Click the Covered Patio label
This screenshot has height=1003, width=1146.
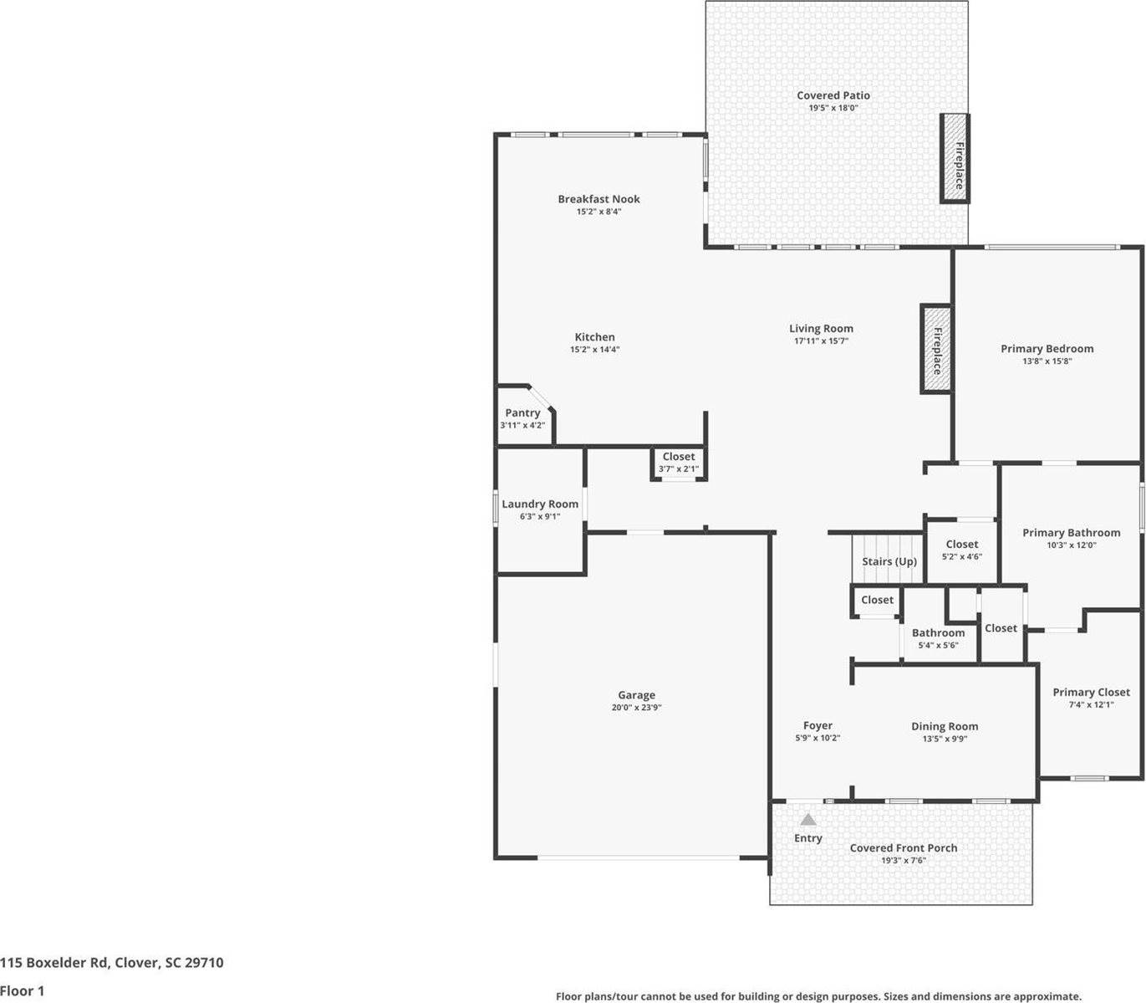pos(833,95)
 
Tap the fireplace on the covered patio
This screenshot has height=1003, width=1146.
pos(955,158)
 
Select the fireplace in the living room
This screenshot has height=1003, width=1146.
pos(935,349)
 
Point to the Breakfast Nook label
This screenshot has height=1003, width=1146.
pos(598,199)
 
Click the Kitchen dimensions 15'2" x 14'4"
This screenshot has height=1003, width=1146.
pos(594,350)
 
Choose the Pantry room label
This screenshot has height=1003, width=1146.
pos(522,412)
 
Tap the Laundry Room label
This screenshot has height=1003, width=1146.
pos(539,504)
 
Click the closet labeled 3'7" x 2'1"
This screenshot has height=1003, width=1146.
pos(678,463)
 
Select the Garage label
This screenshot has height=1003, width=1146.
pos(636,694)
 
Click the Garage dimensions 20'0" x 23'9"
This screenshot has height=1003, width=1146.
pos(636,708)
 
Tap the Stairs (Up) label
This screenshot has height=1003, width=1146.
pos(889,561)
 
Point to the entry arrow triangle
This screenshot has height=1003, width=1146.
pos(807,820)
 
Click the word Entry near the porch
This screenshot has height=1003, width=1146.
pos(807,838)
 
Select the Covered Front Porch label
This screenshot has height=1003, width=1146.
pos(903,847)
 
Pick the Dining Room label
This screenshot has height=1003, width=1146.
pos(944,726)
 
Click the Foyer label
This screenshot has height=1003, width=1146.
pos(817,725)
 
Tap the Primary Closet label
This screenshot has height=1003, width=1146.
pos(1090,692)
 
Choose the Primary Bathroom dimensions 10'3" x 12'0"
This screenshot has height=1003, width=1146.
pos(1071,545)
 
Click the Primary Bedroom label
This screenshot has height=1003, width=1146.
pos(1047,348)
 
